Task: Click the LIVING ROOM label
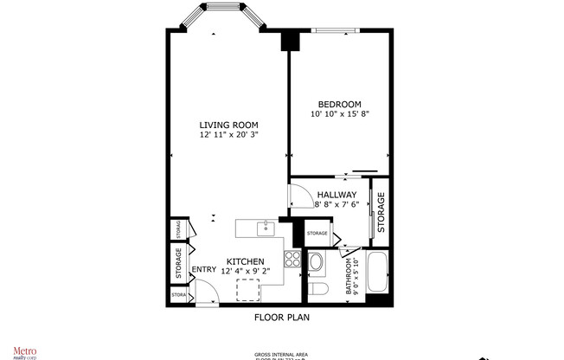click(229, 125)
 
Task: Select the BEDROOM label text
click(339, 104)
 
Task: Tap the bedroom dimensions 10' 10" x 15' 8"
click(339, 114)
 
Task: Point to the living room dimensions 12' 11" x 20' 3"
click(229, 135)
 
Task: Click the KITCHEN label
click(245, 261)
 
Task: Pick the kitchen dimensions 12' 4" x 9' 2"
click(245, 272)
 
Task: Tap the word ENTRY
click(204, 270)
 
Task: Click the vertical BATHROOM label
click(350, 276)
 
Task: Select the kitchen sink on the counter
click(266, 228)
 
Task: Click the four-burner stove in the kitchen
click(292, 258)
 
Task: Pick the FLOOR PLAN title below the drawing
click(281, 317)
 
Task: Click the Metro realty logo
click(23, 351)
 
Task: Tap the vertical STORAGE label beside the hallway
click(381, 206)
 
